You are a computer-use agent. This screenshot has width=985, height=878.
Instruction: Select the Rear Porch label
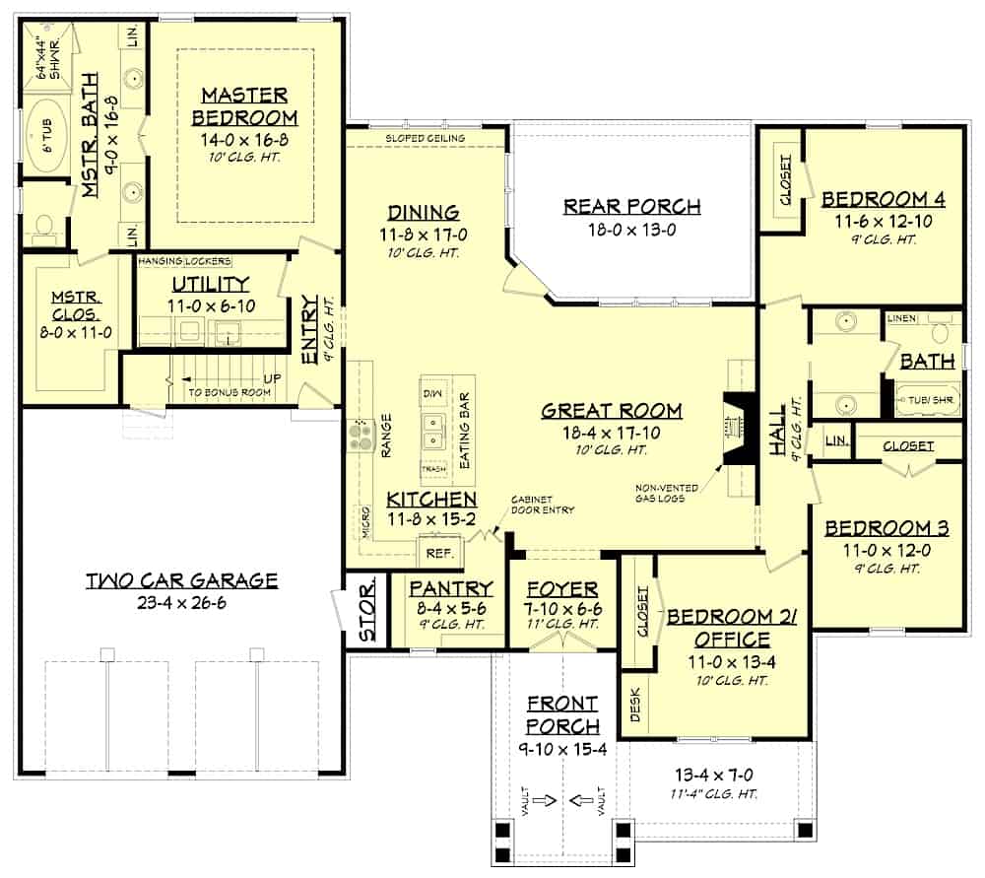(x=631, y=206)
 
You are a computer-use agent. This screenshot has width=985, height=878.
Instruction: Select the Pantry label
(x=448, y=588)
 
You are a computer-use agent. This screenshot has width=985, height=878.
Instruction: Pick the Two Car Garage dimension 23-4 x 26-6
(x=181, y=602)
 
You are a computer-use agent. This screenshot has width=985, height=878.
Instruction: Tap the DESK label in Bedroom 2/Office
(x=634, y=706)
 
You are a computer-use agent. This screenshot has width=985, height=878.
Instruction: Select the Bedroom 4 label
(x=884, y=198)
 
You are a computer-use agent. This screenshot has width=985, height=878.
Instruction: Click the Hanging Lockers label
(x=184, y=261)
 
